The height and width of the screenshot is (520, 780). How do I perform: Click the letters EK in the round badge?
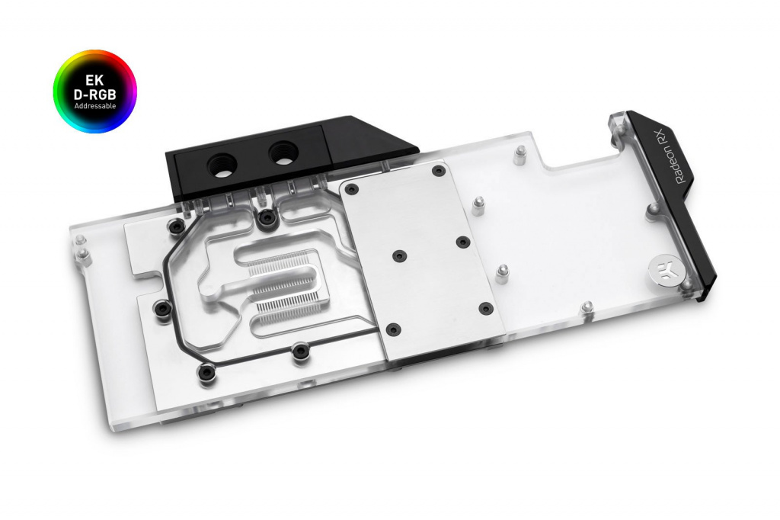pyautogui.click(x=94, y=80)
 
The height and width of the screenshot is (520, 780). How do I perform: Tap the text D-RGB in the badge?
pyautogui.click(x=94, y=94)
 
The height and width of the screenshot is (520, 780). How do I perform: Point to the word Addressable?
pyautogui.click(x=94, y=105)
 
